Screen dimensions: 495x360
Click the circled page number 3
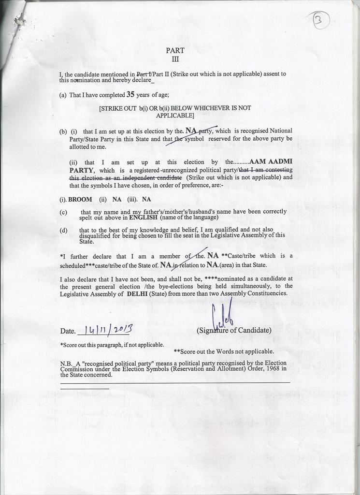(321, 21)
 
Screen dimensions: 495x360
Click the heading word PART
(175, 50)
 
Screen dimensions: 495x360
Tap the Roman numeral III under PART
(175, 59)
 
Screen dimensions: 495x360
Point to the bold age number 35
(130, 95)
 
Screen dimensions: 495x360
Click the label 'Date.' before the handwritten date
(68, 332)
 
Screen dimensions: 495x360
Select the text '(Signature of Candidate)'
(234, 331)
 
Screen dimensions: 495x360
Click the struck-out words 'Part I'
(144, 74)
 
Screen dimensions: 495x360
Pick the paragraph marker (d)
(63, 230)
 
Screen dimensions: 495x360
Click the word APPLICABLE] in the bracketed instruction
(175, 116)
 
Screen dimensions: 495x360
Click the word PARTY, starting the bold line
(83, 170)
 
